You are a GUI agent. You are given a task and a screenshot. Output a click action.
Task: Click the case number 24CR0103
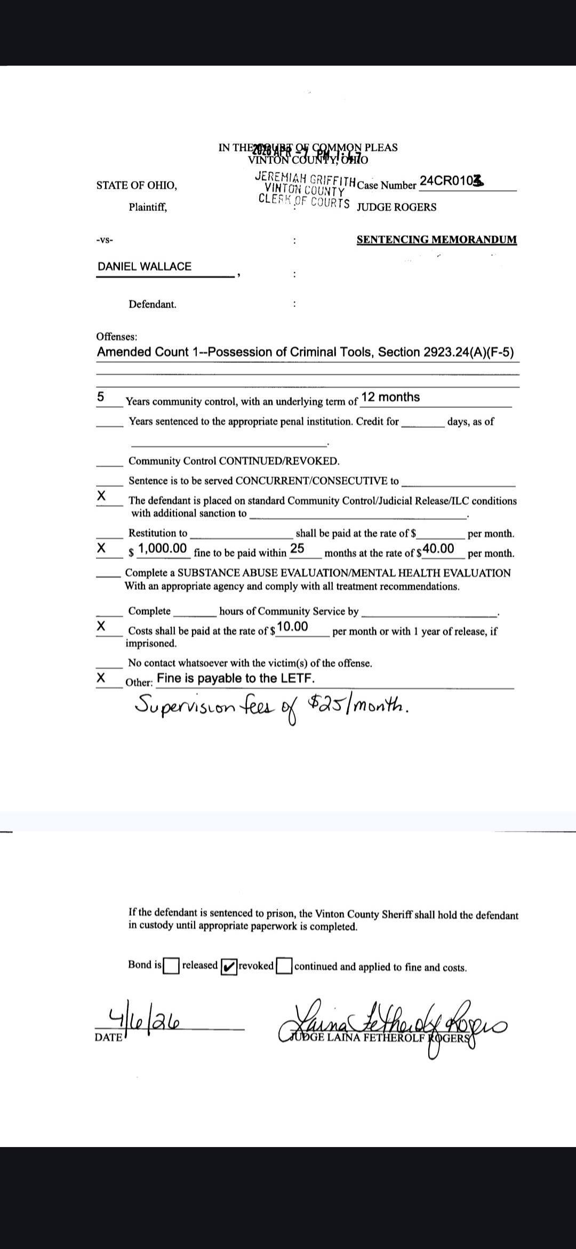451,181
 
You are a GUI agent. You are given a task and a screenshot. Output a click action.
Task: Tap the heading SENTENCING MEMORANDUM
436,240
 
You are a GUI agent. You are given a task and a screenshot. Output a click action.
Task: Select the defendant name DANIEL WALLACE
145,266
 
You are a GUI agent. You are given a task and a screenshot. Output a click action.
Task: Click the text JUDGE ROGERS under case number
396,207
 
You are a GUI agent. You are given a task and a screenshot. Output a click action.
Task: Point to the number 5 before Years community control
100,397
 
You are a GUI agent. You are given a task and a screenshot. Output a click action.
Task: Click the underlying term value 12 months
390,397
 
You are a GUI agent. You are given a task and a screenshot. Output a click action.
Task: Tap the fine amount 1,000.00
162,548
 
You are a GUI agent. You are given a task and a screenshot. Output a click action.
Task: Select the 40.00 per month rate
438,549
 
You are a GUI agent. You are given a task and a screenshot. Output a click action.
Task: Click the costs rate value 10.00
292,627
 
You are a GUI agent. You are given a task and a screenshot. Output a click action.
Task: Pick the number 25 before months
297,549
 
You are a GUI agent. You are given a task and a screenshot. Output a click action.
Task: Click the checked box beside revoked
229,966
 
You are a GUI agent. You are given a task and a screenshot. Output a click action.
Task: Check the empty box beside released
171,966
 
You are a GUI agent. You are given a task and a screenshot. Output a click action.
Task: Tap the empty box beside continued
285,966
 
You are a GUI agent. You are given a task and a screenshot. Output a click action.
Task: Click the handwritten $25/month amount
357,707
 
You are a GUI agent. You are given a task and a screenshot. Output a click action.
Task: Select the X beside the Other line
100,678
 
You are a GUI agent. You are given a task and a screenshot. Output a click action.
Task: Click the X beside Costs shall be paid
100,626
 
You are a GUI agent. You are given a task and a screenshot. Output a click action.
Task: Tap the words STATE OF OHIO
137,185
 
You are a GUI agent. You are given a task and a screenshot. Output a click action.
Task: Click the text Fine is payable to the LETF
236,678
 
